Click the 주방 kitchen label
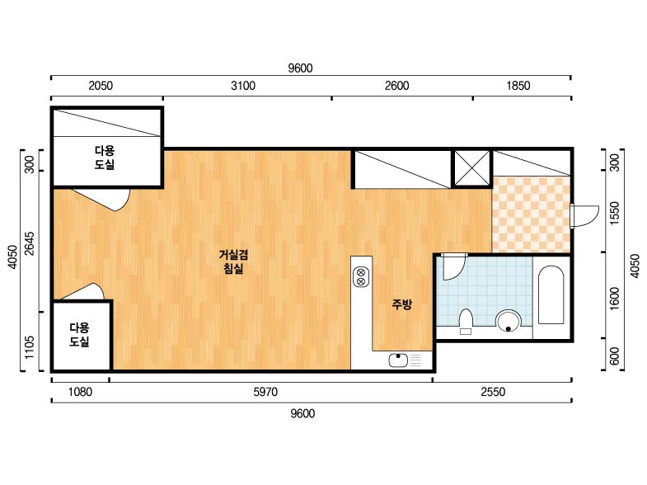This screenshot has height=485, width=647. point(401,304)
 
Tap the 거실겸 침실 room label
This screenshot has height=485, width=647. point(233,261)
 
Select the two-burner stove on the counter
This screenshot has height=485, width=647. point(361,277)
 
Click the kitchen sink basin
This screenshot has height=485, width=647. point(398,360)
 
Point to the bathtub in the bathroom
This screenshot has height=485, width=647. point(551,294)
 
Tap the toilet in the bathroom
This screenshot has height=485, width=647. point(466,321)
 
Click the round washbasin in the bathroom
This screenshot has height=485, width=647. point(509,321)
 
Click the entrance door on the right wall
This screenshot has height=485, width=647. point(584,216)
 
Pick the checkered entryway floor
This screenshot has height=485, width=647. point(532,214)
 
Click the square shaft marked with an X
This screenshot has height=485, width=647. point(472,168)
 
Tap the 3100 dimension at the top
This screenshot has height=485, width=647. point(243,86)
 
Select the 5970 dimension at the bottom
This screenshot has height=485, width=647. point(265,392)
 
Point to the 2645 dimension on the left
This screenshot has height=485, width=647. point(30,243)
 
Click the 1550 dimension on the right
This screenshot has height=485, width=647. point(615,213)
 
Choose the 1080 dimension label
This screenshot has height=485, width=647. point(80,392)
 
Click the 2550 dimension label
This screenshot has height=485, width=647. point(493,392)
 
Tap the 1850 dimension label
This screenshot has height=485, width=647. point(518,86)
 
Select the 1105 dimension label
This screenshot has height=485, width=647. point(30,347)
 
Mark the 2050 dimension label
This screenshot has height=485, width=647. point(101,86)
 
